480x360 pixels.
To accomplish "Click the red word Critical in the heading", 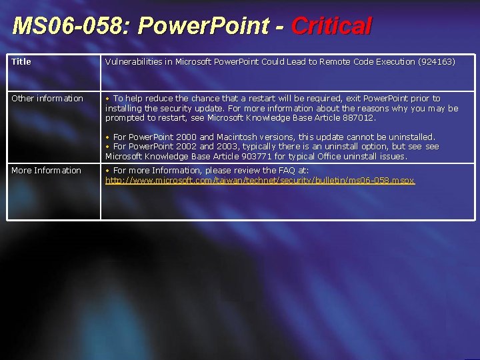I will click(331, 27).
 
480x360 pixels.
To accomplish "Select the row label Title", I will click(21, 61).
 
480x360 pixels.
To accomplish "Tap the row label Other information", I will click(47, 98).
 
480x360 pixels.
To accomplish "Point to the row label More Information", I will click(46, 170).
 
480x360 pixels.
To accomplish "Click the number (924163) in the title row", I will click(436, 61).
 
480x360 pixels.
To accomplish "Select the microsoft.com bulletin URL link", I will click(260, 180).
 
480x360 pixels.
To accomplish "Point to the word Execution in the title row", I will click(392, 61).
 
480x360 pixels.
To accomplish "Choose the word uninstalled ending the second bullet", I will click(411, 137).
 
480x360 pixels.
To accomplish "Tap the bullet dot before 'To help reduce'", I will click(108, 98).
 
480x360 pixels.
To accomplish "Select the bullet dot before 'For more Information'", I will click(108, 170).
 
